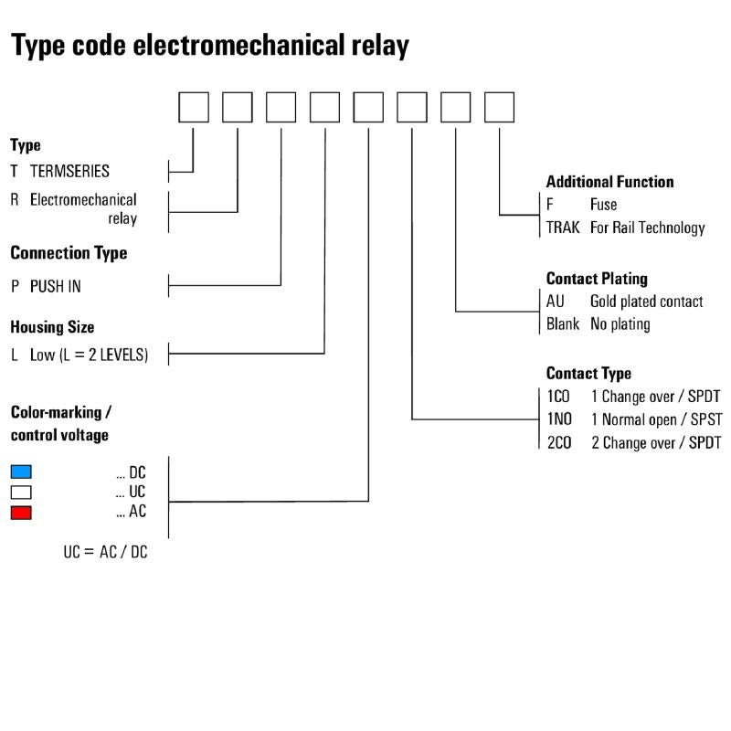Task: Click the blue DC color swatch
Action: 21,471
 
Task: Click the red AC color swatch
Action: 21,513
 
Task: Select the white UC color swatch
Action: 21,492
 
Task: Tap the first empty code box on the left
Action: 193,107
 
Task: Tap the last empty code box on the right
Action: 499,107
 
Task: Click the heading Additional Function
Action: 609,182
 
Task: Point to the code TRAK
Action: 563,228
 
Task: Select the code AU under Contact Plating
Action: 556,302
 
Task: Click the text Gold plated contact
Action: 646,302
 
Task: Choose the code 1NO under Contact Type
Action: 559,420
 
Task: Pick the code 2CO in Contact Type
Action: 559,443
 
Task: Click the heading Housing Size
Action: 52,326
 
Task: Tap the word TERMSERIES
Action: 69,171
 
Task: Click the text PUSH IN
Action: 55,286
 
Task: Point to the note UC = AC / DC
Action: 105,553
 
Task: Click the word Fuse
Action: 603,205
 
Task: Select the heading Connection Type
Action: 69,253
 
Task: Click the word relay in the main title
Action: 376,45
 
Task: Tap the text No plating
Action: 620,323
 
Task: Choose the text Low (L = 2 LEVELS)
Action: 89,355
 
